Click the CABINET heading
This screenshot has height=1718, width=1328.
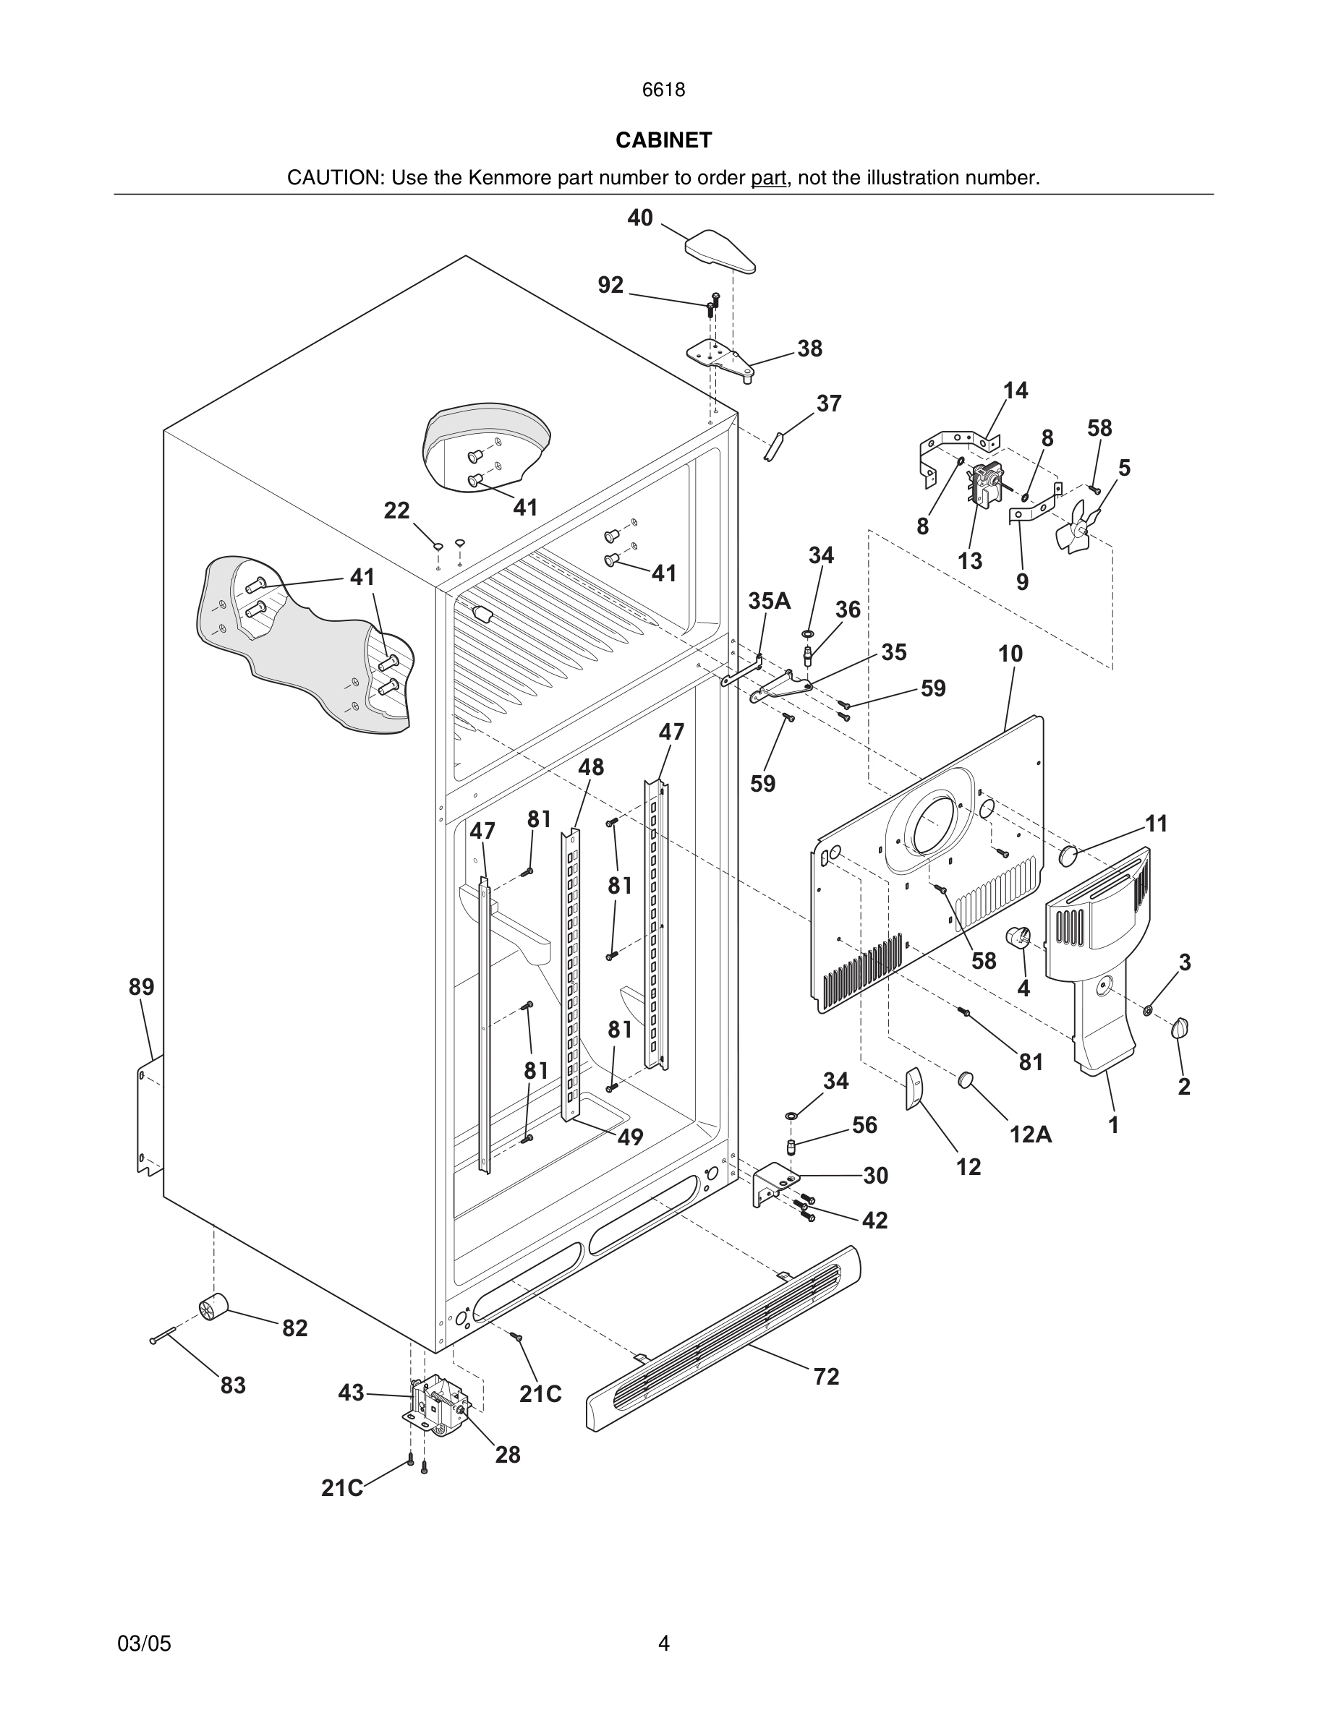click(x=663, y=140)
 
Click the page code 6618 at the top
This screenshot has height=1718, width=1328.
click(x=663, y=90)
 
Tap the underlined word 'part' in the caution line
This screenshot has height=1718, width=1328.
click(x=768, y=178)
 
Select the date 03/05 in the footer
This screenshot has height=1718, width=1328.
click(x=144, y=1644)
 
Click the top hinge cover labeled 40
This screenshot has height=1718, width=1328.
click(x=720, y=250)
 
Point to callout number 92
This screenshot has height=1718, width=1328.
click(x=610, y=285)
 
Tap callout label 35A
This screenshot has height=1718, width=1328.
click(x=769, y=601)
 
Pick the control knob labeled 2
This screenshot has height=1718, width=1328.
click(x=1180, y=1027)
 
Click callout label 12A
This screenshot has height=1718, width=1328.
click(x=1031, y=1134)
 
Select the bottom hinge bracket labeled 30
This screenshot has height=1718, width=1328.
click(x=774, y=1185)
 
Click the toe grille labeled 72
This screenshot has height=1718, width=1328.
click(x=724, y=1337)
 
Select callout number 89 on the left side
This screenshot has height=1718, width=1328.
click(x=142, y=987)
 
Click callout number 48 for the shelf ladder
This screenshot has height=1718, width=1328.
click(x=591, y=767)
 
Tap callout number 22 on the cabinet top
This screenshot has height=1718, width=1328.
click(x=396, y=511)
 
